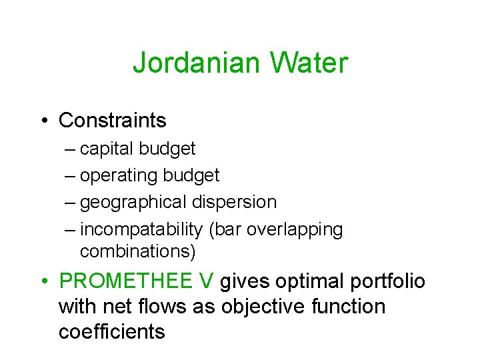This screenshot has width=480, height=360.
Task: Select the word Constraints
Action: point(113,121)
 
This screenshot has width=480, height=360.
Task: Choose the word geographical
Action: point(133,202)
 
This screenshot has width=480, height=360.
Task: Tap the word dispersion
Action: point(234,202)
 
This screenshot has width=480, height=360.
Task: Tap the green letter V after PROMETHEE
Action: point(206,281)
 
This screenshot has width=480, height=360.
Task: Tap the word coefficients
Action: point(111,331)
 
